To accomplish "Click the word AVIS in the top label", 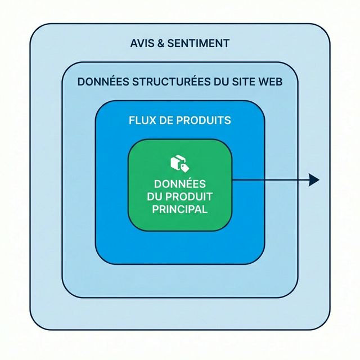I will click(143, 43).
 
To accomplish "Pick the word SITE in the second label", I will click(243, 81).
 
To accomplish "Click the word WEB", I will click(270, 81).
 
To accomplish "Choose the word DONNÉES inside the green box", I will click(180, 184).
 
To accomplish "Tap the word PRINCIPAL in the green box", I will click(180, 209).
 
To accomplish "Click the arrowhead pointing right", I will click(314, 180).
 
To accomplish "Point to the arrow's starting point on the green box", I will click(233, 180).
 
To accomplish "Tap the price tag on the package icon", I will click(183, 166).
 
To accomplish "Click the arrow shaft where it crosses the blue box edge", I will click(264, 180).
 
